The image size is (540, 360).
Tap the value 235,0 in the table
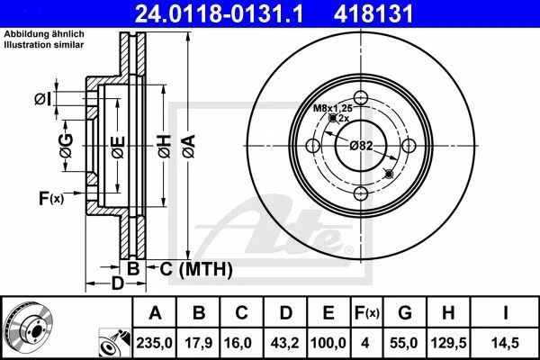155,344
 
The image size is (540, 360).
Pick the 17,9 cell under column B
201,344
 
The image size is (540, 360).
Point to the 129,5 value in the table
451,344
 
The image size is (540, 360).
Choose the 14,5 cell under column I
506,344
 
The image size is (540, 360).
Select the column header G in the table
405,313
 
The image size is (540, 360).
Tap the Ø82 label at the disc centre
362,145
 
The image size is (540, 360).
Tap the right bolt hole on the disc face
409,146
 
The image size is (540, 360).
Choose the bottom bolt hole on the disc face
362,193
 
